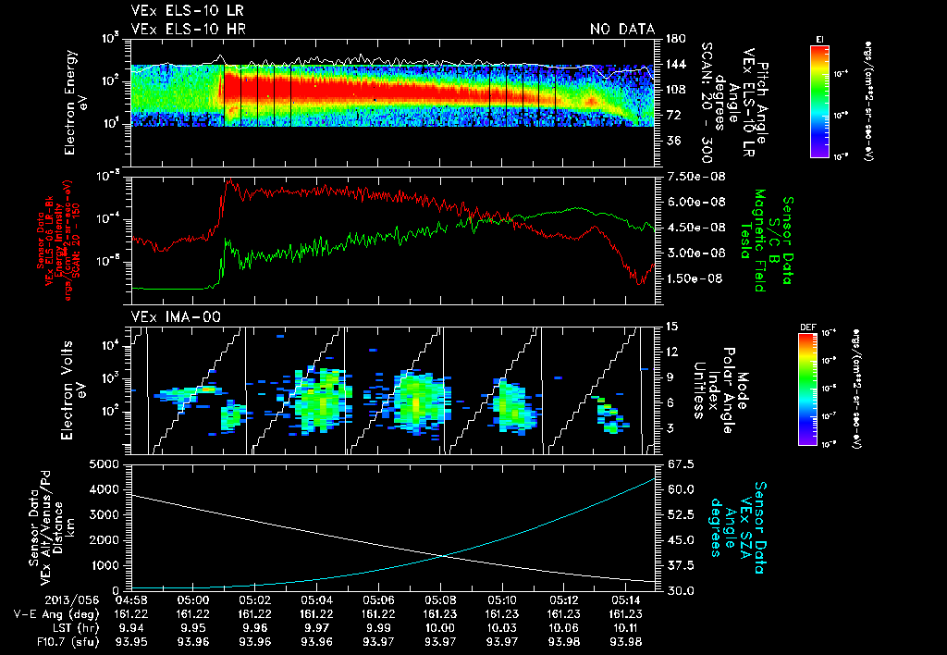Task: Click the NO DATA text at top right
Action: pos(622,29)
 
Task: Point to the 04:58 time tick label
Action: pos(131,599)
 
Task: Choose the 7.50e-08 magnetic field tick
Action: pos(688,177)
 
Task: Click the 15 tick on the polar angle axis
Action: pos(669,326)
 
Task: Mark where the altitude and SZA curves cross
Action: pos(447,555)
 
